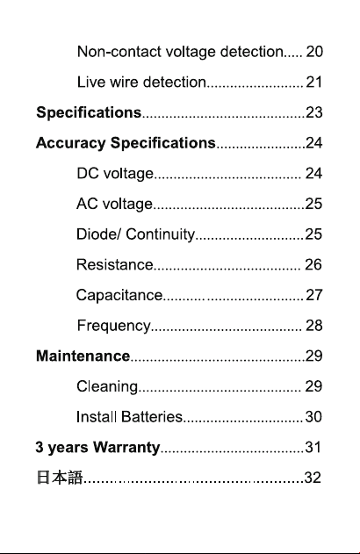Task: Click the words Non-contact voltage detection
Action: tap(180, 52)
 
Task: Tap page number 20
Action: tap(314, 52)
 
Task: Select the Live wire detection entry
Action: tap(141, 82)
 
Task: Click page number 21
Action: tap(313, 82)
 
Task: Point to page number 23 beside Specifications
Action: tap(313, 112)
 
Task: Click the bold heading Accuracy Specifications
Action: tap(126, 143)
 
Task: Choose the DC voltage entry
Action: tap(115, 174)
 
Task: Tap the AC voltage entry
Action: tap(114, 205)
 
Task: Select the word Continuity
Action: tap(161, 234)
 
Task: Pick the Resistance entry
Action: tap(115, 264)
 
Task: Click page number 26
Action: tap(313, 264)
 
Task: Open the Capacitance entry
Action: tap(119, 295)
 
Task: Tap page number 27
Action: tap(313, 295)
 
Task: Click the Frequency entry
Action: tap(114, 326)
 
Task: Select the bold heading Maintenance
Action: tap(83, 356)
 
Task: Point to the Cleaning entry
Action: tap(107, 387)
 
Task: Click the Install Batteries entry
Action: tap(129, 417)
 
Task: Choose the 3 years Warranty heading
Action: tap(97, 448)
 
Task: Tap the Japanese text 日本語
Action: tap(60, 478)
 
